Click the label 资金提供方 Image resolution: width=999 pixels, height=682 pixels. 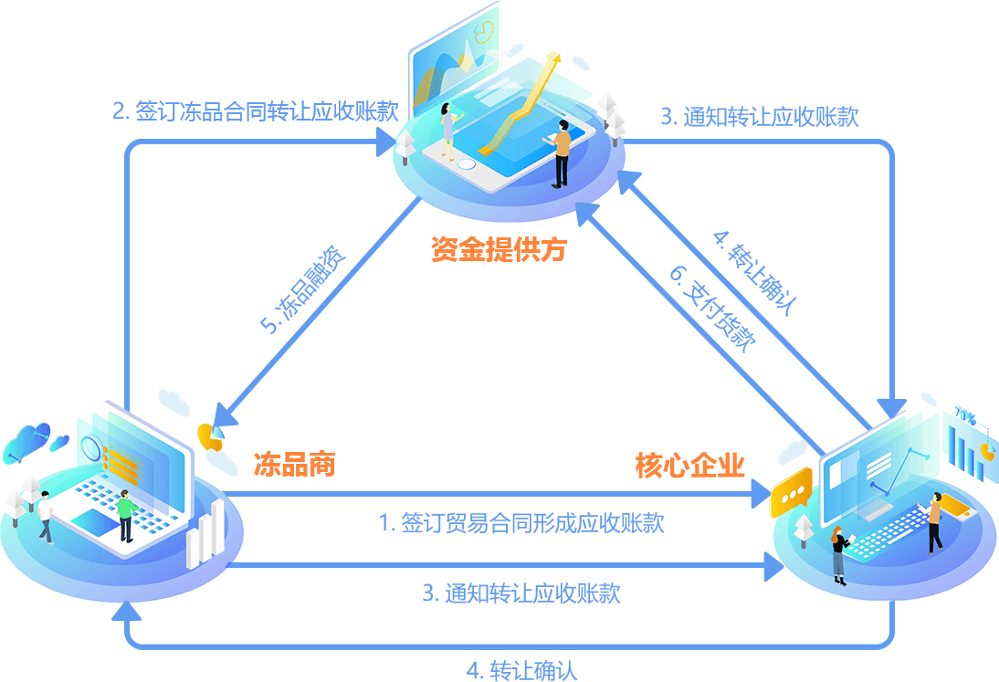[498, 248]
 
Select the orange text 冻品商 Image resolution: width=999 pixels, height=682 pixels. [294, 465]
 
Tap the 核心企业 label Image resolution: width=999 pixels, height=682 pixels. [690, 466]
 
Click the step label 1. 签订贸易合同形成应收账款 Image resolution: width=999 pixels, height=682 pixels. [521, 523]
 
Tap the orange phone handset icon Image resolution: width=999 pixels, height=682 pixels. [210, 437]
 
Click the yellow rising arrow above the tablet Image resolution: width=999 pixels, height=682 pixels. [521, 100]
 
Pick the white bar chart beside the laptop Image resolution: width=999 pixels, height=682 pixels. [205, 535]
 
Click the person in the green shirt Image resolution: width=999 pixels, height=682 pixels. [125, 516]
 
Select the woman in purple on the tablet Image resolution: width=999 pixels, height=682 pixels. [447, 133]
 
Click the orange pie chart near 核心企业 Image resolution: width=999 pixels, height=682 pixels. [987, 451]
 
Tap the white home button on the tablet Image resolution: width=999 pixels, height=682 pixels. [466, 165]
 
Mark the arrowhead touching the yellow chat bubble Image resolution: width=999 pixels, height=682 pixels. [763, 496]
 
